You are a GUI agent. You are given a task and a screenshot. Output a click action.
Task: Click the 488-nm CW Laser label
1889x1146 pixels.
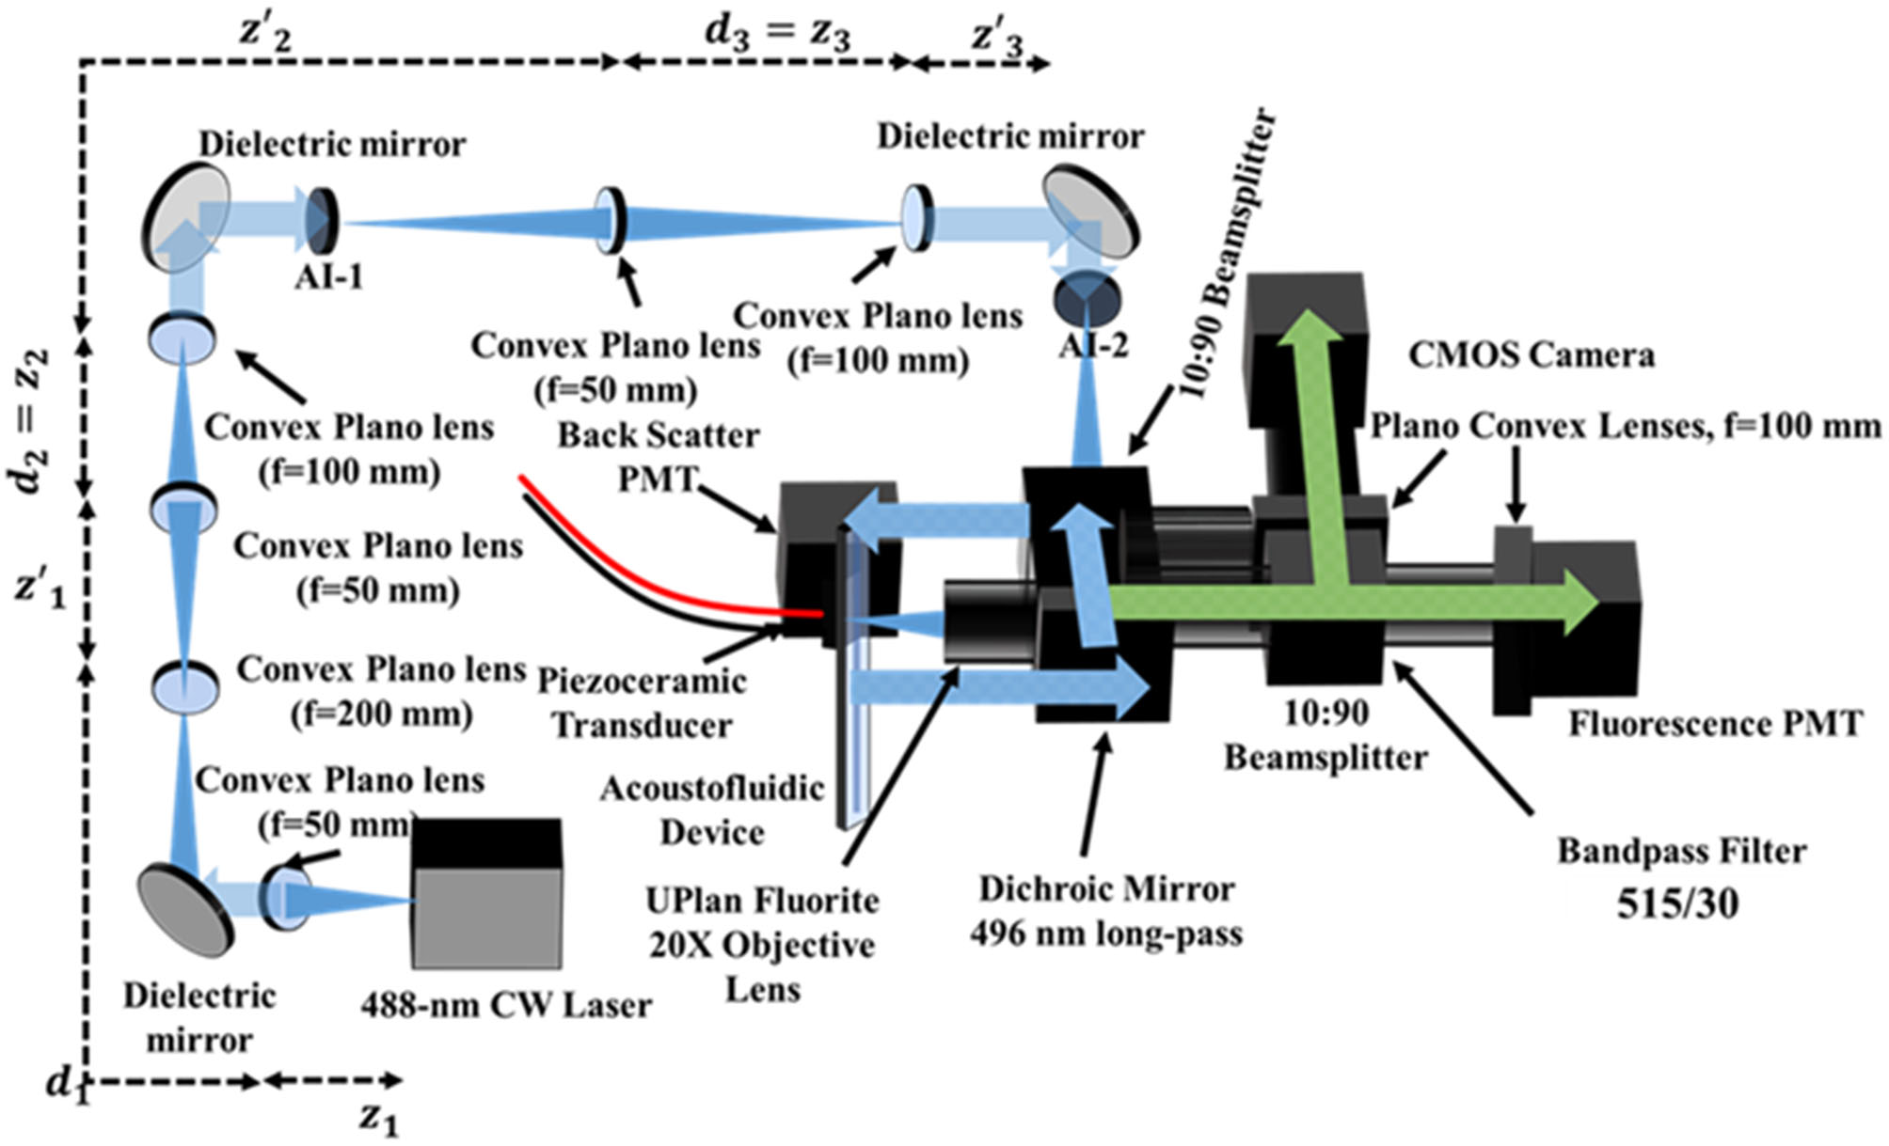(x=505, y=1005)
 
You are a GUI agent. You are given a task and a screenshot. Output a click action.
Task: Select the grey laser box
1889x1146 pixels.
(x=487, y=917)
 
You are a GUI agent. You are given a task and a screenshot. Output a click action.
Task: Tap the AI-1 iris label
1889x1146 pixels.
(x=327, y=277)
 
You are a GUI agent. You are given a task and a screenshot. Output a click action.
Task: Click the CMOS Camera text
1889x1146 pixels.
(x=1531, y=355)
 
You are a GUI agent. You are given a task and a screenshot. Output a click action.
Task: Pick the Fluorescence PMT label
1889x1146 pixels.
(x=1714, y=724)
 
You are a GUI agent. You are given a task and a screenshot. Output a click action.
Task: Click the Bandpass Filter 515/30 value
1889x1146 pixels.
(x=1677, y=903)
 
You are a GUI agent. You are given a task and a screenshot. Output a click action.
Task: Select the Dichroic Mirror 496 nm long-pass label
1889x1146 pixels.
(x=1106, y=911)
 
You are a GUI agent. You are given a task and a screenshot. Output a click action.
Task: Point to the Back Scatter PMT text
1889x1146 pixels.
(x=659, y=457)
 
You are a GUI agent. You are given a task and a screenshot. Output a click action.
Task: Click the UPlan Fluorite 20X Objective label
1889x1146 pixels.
(x=762, y=944)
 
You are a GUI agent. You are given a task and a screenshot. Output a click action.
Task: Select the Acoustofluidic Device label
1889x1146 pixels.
(x=712, y=809)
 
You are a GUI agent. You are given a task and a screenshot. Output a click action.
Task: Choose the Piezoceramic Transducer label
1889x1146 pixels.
(x=642, y=702)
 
